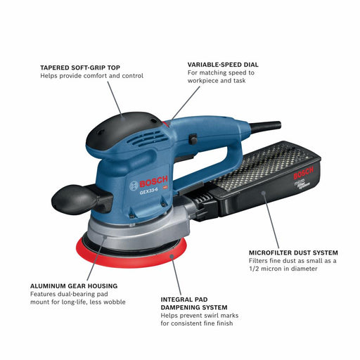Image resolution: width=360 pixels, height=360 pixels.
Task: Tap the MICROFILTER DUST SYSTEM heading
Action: click(294, 252)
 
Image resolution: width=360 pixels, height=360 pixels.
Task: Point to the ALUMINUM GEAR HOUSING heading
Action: click(74, 285)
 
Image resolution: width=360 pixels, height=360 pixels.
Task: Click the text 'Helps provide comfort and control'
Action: click(92, 76)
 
